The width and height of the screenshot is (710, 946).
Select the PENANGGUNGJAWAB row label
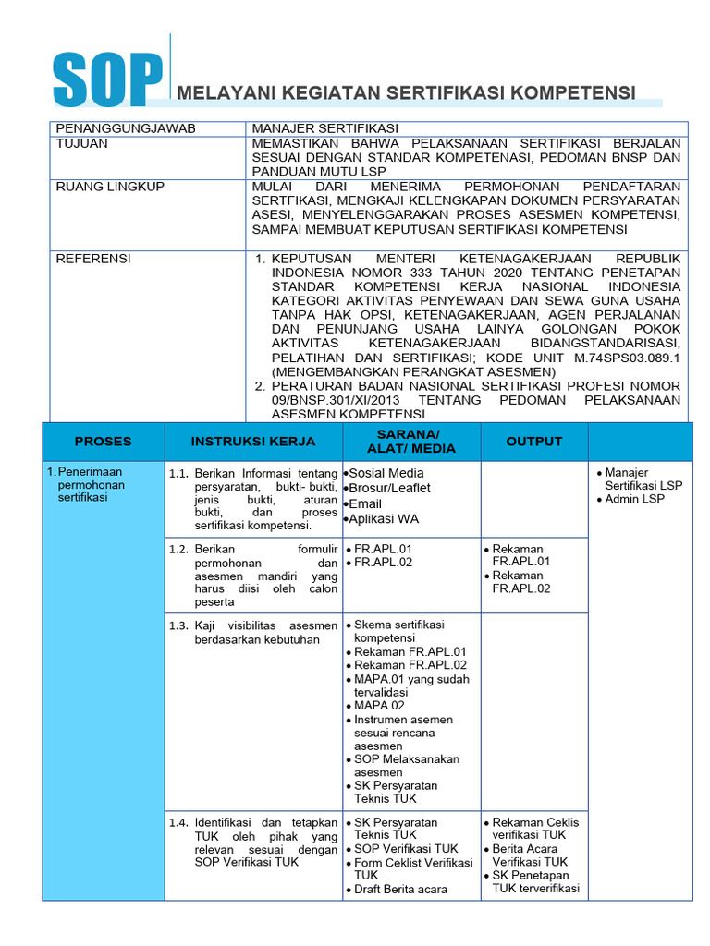point(126,128)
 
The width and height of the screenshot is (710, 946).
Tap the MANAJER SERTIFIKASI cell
point(314,128)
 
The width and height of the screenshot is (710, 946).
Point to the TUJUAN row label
point(82,143)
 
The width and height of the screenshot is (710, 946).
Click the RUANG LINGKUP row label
point(110,187)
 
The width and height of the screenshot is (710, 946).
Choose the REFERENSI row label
point(93,259)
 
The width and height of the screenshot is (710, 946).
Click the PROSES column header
point(103,442)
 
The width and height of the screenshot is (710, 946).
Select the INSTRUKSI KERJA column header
point(253,442)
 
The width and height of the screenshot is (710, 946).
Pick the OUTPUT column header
point(533,442)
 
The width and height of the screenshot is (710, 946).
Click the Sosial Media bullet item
point(386,473)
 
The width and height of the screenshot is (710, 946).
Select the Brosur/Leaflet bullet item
point(388,488)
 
